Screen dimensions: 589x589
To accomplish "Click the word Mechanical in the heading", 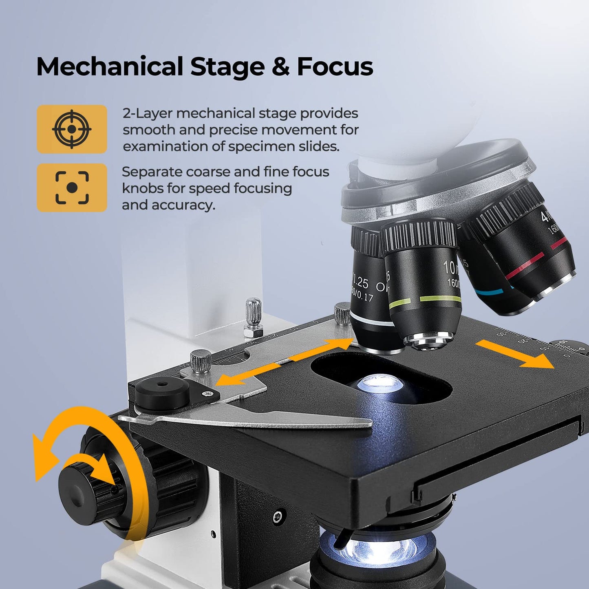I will [110, 66].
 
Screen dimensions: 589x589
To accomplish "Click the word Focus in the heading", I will [335, 66].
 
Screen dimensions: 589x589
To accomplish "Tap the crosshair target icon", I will [72, 129].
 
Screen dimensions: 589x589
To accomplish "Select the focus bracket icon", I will [72, 188].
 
